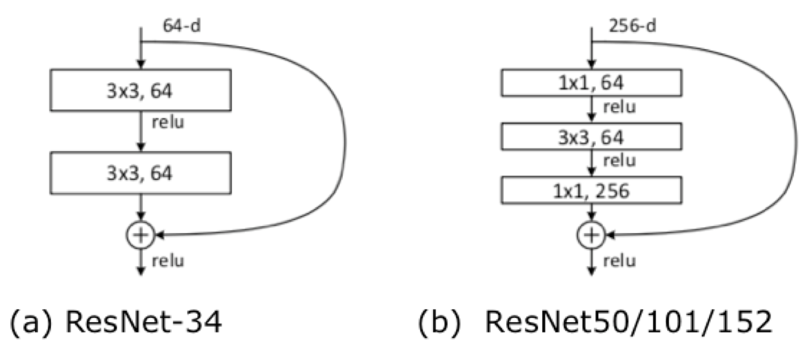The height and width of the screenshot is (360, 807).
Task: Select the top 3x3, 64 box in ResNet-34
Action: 141,90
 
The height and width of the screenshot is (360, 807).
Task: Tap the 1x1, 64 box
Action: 592,85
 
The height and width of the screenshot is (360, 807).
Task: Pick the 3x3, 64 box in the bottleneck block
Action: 592,137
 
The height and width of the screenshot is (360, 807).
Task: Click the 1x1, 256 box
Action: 592,190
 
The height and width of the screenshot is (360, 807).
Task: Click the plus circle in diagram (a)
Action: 141,235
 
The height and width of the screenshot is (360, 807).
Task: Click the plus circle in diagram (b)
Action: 591,235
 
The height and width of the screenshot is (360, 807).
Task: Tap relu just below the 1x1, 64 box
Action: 619,108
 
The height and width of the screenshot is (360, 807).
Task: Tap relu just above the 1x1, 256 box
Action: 619,161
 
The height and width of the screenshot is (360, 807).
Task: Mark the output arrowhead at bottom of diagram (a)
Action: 141,272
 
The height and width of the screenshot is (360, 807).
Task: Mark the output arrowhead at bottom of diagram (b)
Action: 591,272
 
